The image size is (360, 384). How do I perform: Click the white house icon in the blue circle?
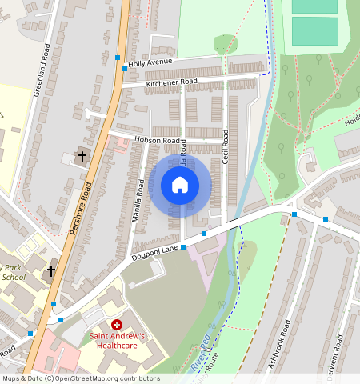pyautogui.click(x=180, y=185)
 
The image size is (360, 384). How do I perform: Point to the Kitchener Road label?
pyautogui.click(x=171, y=82)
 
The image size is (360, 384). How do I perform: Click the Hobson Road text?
pyautogui.click(x=161, y=140)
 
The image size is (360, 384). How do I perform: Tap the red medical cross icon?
pyautogui.click(x=117, y=325)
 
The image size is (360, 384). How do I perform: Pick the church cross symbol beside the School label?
pyautogui.click(x=51, y=271)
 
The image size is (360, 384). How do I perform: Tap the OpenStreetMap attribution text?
pyautogui.click(x=80, y=378)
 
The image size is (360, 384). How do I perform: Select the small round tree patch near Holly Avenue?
pyautogui.click(x=226, y=44)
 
